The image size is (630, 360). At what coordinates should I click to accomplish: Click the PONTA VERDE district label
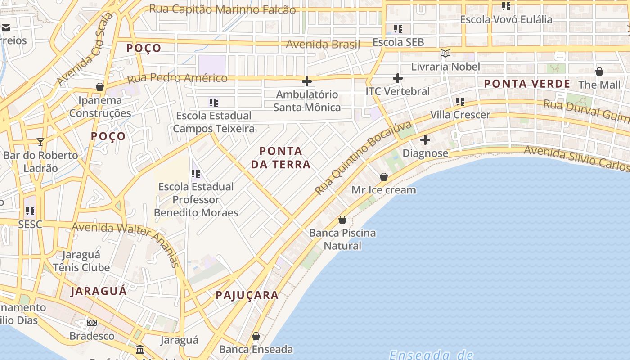point(527,84)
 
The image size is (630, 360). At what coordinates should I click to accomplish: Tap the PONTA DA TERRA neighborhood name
point(281,157)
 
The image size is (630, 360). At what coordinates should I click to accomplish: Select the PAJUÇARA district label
point(247,295)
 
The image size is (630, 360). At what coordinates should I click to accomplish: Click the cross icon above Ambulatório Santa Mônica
point(307,81)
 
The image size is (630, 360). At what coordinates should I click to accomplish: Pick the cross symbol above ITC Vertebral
point(397,78)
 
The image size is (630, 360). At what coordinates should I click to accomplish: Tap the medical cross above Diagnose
point(425,140)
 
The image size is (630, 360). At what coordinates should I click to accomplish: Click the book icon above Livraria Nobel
point(445,54)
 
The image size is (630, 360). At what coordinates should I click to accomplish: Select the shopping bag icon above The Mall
point(599,72)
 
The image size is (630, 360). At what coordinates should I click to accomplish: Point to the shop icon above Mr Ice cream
point(383,177)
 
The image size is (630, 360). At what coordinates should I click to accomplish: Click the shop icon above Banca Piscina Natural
point(342,220)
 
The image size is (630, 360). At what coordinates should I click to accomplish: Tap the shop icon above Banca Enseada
point(256,336)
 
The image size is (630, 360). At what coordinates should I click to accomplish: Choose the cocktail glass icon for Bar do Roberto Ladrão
point(40,142)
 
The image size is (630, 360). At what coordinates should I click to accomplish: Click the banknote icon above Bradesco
point(92,323)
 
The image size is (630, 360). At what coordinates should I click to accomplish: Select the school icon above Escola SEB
point(398,29)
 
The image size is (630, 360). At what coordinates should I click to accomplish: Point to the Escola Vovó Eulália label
point(506,19)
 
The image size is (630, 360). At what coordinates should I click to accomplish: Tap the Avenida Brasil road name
point(323,44)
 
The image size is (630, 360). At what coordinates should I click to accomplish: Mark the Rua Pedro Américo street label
point(177,78)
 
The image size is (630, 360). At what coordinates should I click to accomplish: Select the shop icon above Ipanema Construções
point(100,86)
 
